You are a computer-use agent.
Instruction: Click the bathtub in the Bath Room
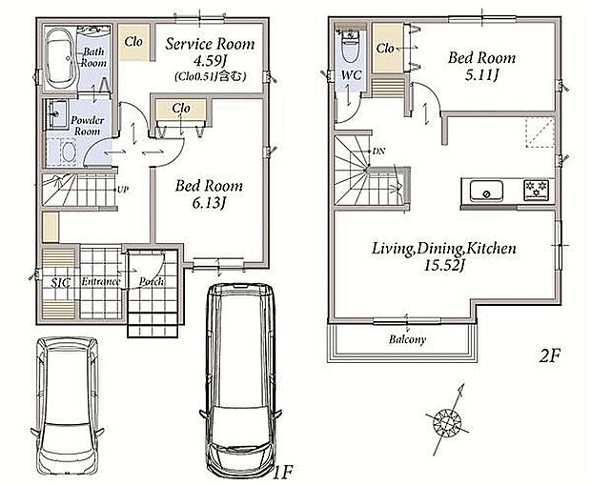59,58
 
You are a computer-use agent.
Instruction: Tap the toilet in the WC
351,46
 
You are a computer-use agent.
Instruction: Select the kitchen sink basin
486,191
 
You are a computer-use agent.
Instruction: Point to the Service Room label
210,44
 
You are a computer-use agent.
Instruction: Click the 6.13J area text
209,204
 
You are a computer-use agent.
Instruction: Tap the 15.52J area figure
443,266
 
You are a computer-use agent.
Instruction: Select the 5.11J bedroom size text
481,75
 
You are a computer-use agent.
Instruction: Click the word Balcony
407,339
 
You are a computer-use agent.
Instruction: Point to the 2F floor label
550,355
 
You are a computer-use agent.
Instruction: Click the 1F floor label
283,472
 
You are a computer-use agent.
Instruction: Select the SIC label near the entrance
61,283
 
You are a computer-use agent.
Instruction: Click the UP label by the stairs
123,190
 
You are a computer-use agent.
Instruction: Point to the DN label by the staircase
378,152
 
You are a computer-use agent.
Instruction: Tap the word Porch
152,281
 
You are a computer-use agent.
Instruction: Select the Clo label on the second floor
385,49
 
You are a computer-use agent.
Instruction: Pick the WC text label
352,75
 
